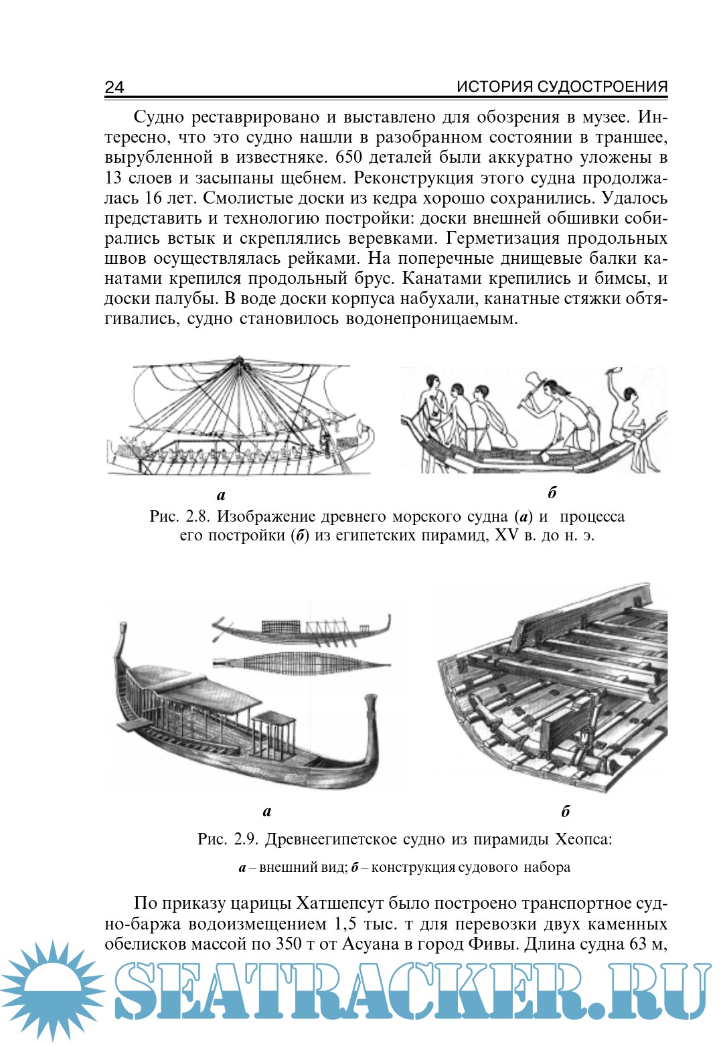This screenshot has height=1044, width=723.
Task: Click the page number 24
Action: [x=114, y=87]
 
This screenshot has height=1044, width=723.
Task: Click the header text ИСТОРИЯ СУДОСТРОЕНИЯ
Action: [x=562, y=86]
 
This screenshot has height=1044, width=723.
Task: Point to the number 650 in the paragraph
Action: [x=349, y=157]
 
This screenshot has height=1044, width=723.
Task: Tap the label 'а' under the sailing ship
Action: [x=222, y=496]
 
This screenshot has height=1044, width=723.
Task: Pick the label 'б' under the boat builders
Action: [x=552, y=494]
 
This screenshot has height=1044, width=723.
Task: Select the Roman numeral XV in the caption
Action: [x=506, y=536]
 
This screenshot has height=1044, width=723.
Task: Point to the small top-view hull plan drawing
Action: [x=301, y=664]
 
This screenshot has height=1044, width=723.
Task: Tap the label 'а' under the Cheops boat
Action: [x=267, y=812]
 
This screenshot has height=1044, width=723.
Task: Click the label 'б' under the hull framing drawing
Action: [x=566, y=812]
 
